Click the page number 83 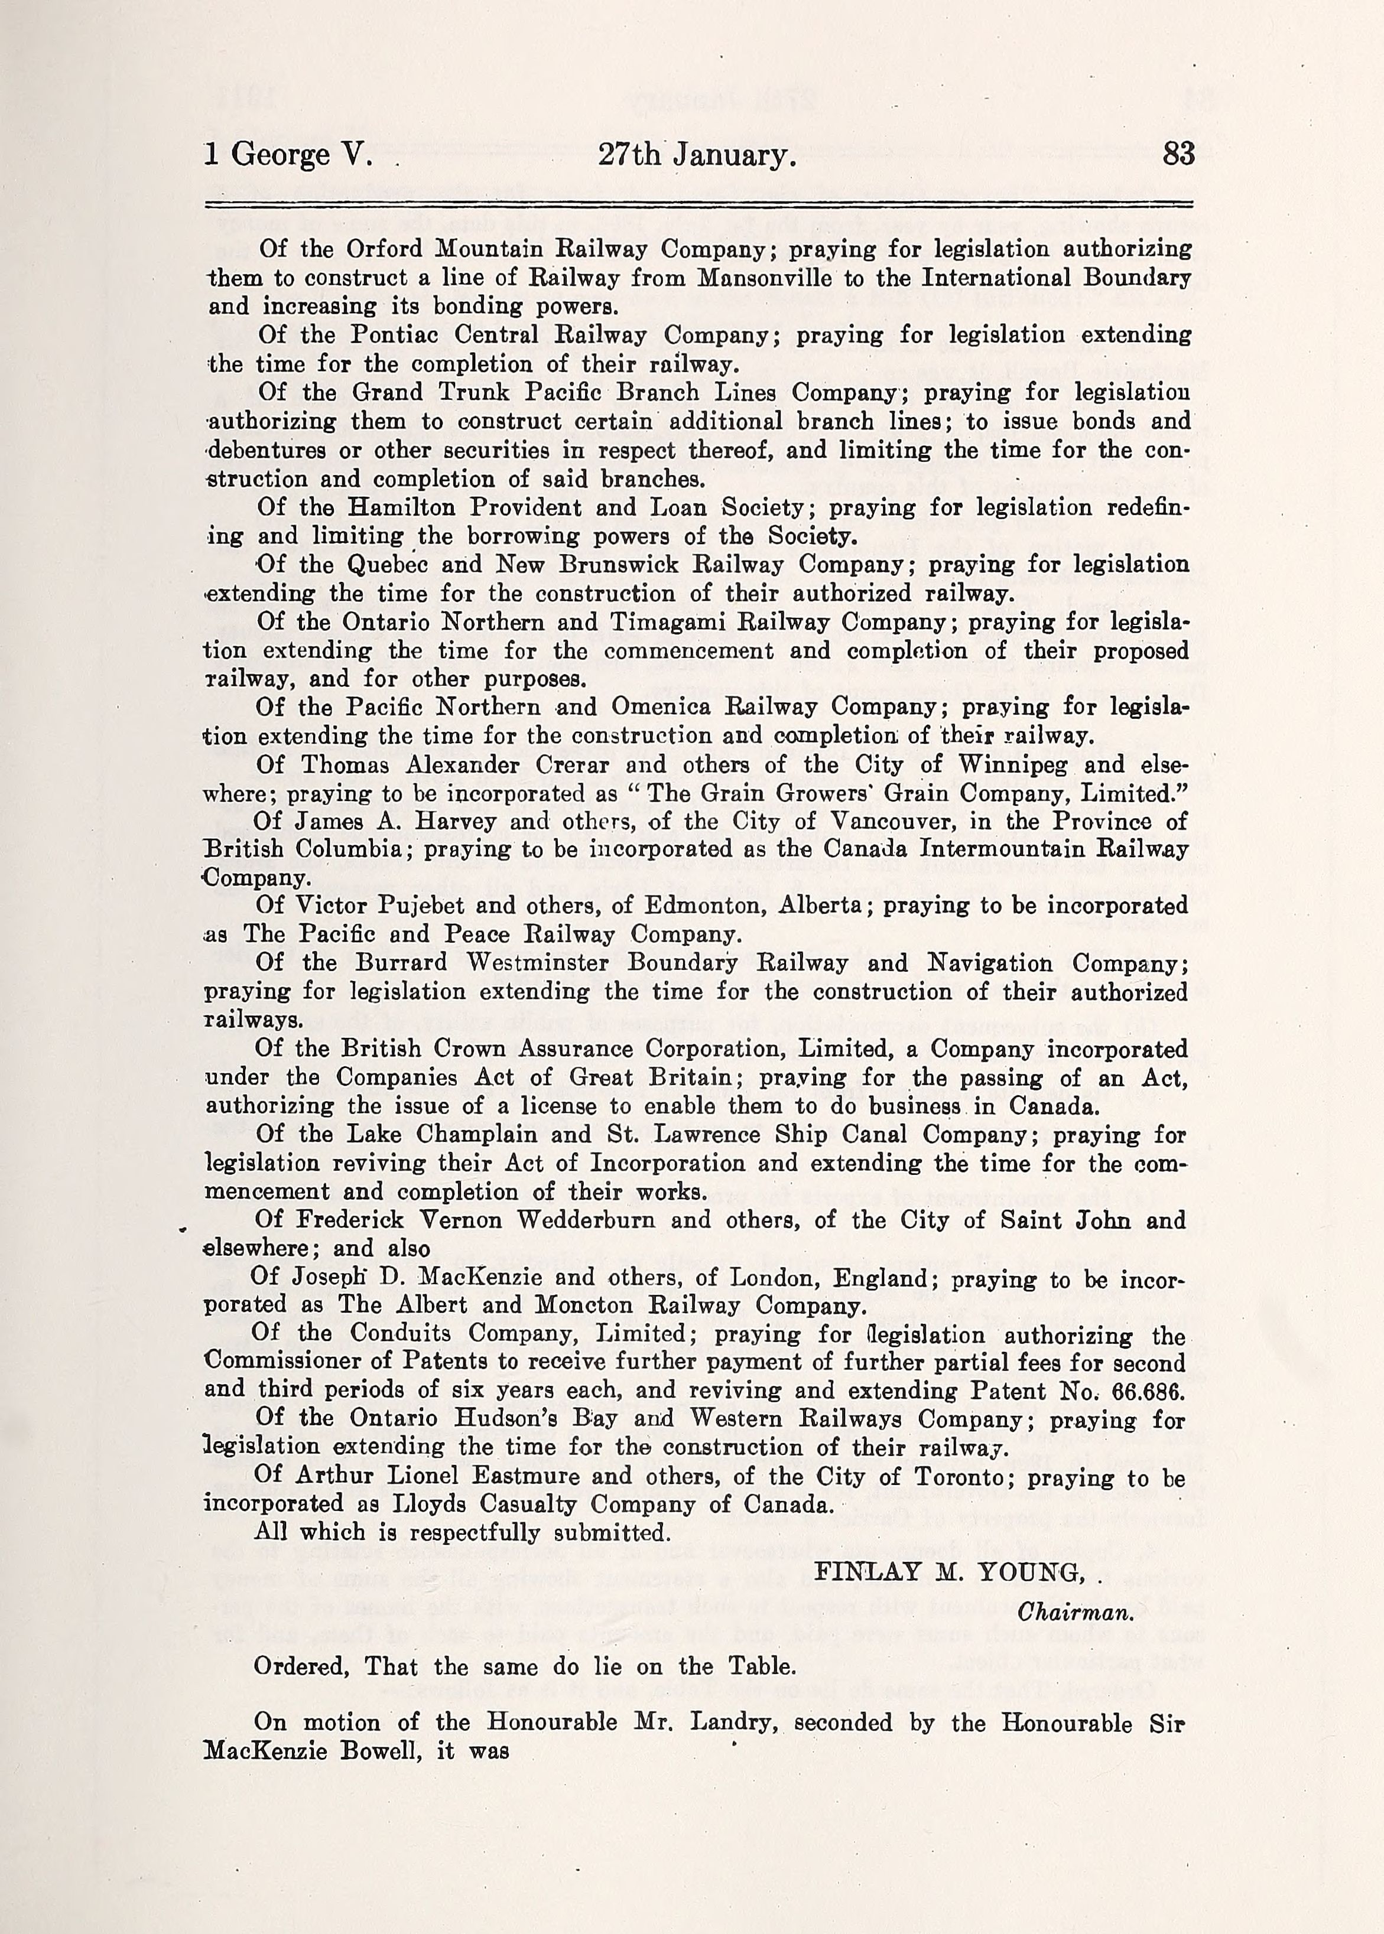[1178, 154]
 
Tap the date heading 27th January [697, 155]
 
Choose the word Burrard [401, 963]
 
